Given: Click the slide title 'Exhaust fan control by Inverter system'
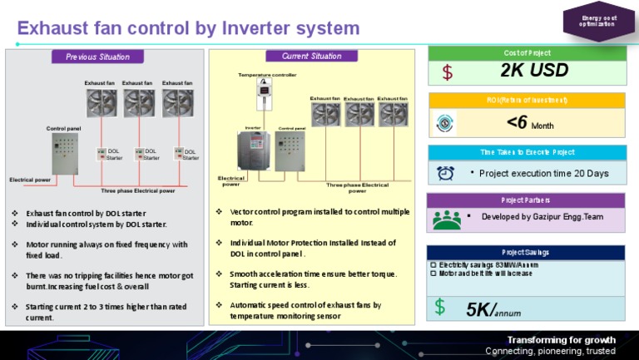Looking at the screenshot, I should coord(188,28).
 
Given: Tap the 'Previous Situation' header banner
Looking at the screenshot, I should coord(98,57).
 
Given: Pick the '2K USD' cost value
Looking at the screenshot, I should coord(534,71).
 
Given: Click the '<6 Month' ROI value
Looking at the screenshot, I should coord(529,123).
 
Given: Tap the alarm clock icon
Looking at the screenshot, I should coord(446,173).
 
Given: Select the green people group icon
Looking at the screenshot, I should coord(447,219).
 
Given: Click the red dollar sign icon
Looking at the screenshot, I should coord(448,72).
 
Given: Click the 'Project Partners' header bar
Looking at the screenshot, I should coord(526,200).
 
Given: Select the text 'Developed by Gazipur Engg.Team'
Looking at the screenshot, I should coord(542,217).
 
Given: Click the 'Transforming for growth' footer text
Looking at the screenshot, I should coord(562,339).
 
